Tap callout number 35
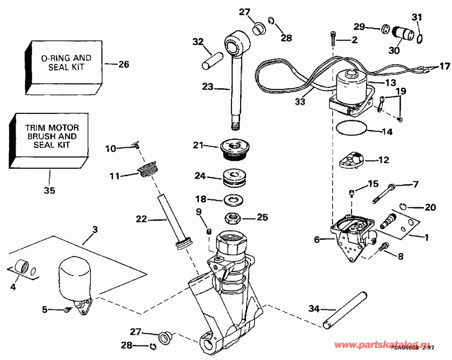coord(49,191)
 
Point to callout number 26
coord(124,64)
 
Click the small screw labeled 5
coord(66,311)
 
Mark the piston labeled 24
coord(234,178)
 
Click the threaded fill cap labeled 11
coord(146,170)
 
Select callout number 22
coord(141,219)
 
